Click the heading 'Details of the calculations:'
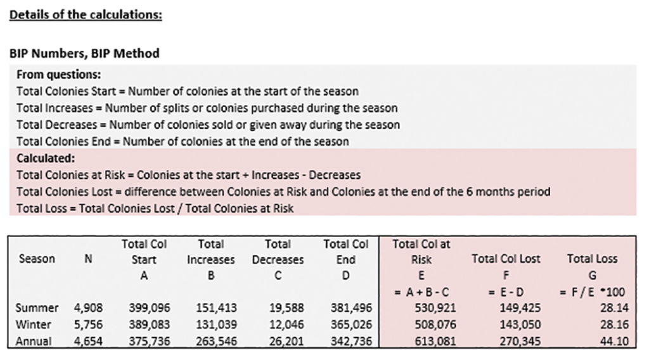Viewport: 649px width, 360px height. click(x=86, y=14)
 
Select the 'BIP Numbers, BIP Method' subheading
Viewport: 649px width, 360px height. click(x=84, y=53)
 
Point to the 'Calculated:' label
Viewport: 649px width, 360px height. click(x=46, y=158)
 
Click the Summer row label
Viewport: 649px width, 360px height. click(x=37, y=308)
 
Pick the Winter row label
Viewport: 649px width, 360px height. click(x=35, y=325)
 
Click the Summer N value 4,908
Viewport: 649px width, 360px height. click(x=88, y=308)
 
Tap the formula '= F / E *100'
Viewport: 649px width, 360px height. click(x=592, y=292)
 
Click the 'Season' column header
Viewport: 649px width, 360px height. click(x=37, y=259)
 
